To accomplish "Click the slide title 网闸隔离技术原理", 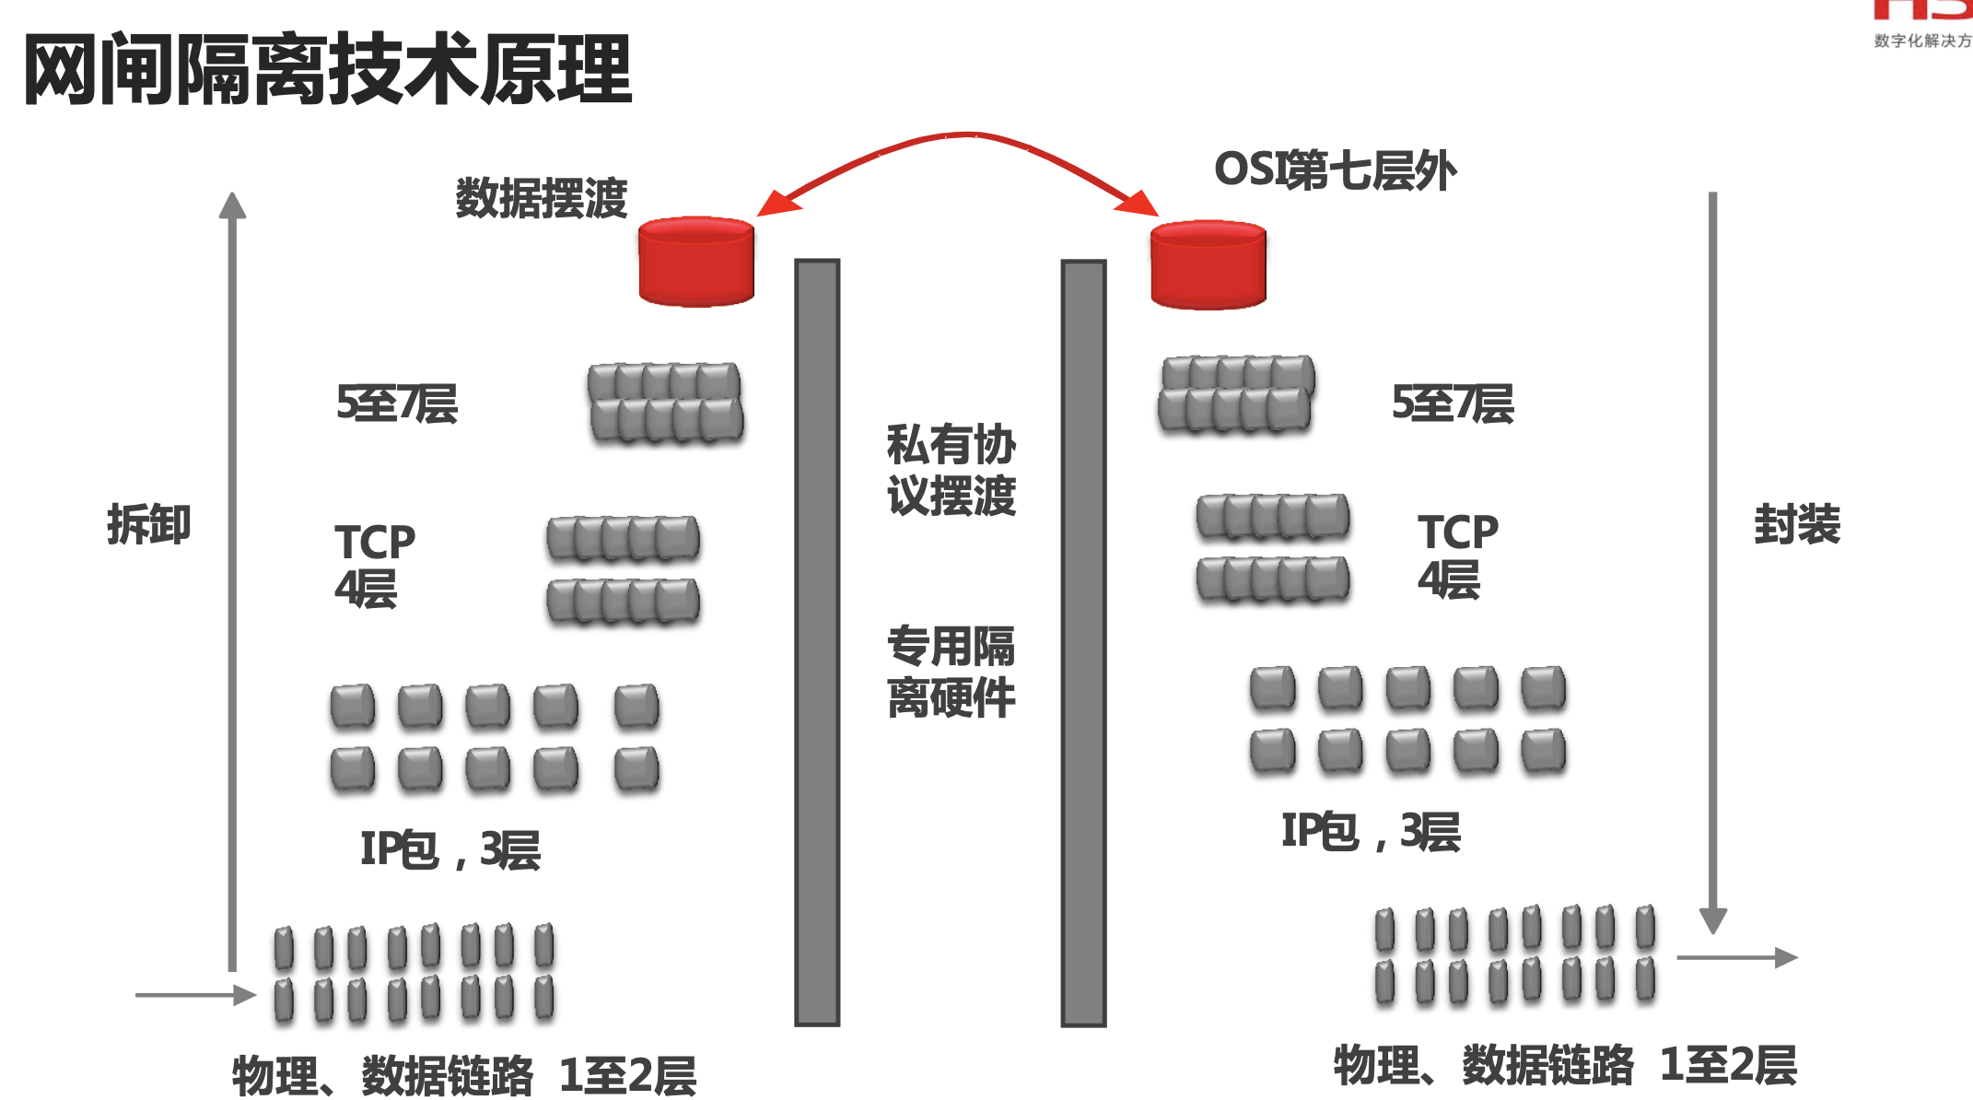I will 327,69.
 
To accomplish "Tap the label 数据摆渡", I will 542,198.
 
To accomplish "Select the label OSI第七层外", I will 1335,170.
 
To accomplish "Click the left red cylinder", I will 696,262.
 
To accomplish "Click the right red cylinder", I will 1208,264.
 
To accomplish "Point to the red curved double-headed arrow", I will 963,136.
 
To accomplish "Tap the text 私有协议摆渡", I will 951,470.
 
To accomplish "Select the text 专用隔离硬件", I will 951,672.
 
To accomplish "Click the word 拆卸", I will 148,524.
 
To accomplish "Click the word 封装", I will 1797,524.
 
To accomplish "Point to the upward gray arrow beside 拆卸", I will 232,580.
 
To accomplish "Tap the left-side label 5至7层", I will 397,404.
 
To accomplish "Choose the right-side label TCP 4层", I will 1457,556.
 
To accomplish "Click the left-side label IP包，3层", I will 449,848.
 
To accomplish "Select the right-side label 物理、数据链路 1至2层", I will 1565,1065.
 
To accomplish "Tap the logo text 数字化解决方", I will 1922,41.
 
